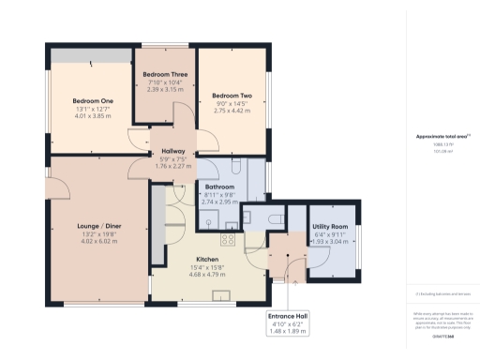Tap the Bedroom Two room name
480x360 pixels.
(232, 96)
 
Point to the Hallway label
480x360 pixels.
(172, 150)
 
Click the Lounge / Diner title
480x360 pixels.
(98, 225)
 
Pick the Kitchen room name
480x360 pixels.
(207, 259)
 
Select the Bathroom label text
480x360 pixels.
(219, 187)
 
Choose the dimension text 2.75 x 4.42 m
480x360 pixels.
(232, 111)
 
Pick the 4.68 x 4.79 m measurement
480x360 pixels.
(207, 274)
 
